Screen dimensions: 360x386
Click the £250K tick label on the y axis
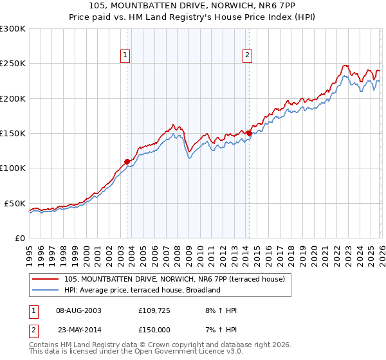(x=13, y=64)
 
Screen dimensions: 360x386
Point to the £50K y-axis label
(x=15, y=203)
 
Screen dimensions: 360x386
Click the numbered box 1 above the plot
(x=126, y=56)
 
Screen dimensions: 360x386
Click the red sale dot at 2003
(x=127, y=161)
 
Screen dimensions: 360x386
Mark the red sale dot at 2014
(x=249, y=133)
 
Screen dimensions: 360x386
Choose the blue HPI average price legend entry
(x=142, y=290)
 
